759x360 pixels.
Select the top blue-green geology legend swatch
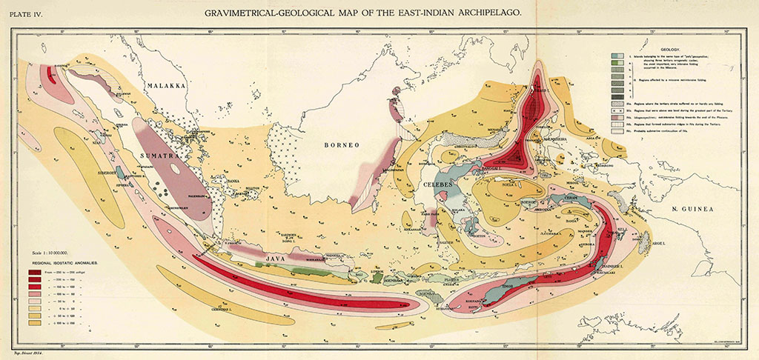pyautogui.click(x=616, y=56)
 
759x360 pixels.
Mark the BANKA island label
pyautogui.click(x=232, y=179)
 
